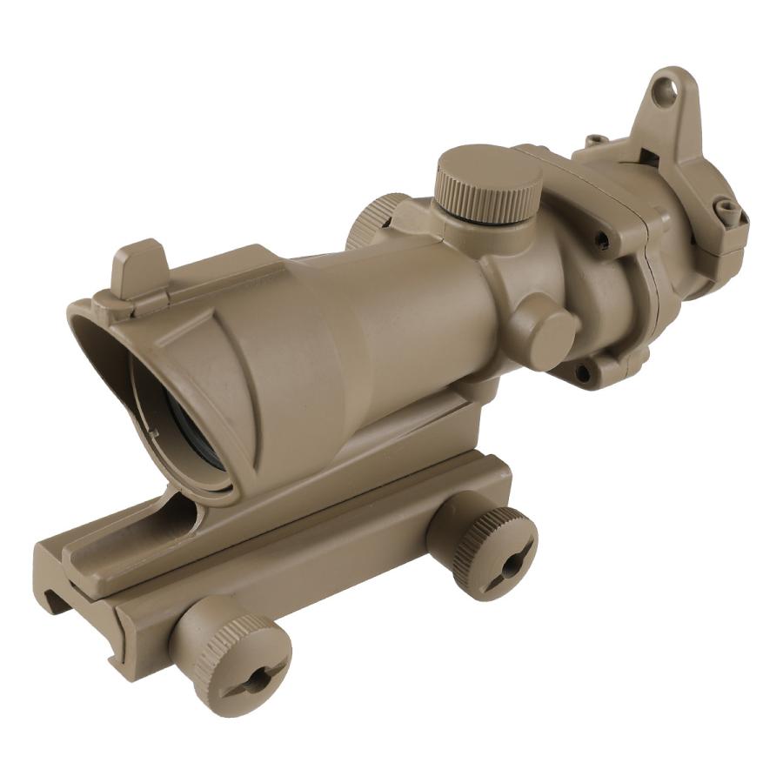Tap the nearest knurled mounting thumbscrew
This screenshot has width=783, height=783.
(233, 654)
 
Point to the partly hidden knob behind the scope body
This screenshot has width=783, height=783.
(371, 223)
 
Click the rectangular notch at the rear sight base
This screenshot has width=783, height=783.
(648, 157)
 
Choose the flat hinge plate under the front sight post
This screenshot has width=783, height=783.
(130, 299)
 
